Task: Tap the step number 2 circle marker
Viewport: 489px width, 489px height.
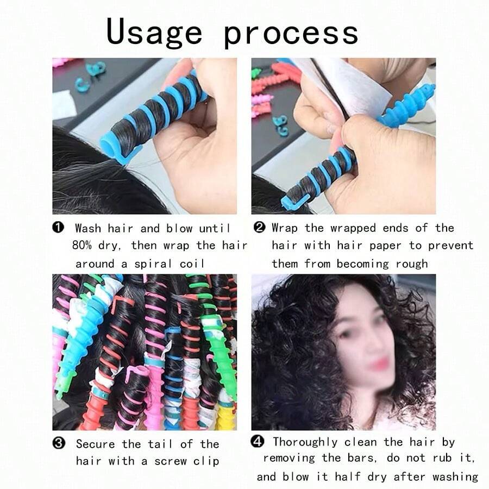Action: (x=259, y=227)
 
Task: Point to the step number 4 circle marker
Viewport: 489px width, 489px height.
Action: (x=258, y=441)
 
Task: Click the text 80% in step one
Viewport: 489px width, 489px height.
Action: (x=84, y=246)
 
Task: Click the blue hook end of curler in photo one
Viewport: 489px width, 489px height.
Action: (x=117, y=152)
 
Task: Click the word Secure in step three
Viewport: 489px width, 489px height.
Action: (x=95, y=444)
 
